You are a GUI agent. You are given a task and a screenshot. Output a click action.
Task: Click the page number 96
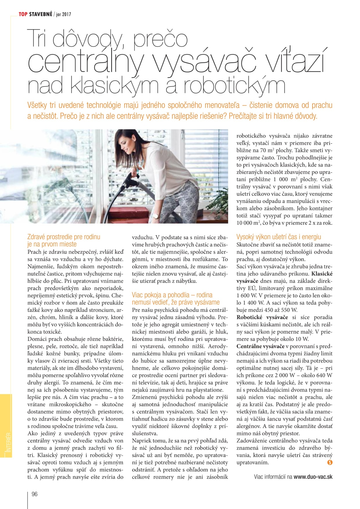pos(35,494)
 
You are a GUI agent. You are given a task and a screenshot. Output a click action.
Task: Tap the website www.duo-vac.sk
pos(313,477)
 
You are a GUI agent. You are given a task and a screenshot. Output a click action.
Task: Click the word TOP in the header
pos(23,14)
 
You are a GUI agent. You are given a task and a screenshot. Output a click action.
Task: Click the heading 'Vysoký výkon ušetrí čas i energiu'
pos(279,237)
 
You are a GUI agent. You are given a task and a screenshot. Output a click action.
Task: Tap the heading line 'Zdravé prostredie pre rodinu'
pos(64,237)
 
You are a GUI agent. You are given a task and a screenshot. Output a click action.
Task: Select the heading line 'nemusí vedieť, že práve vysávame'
pos(176,302)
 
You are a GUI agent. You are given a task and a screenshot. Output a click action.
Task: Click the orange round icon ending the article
pos(330,463)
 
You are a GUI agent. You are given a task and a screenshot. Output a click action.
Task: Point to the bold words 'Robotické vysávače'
pos(262,317)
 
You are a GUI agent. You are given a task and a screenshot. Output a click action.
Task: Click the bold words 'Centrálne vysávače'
pos(260,346)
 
